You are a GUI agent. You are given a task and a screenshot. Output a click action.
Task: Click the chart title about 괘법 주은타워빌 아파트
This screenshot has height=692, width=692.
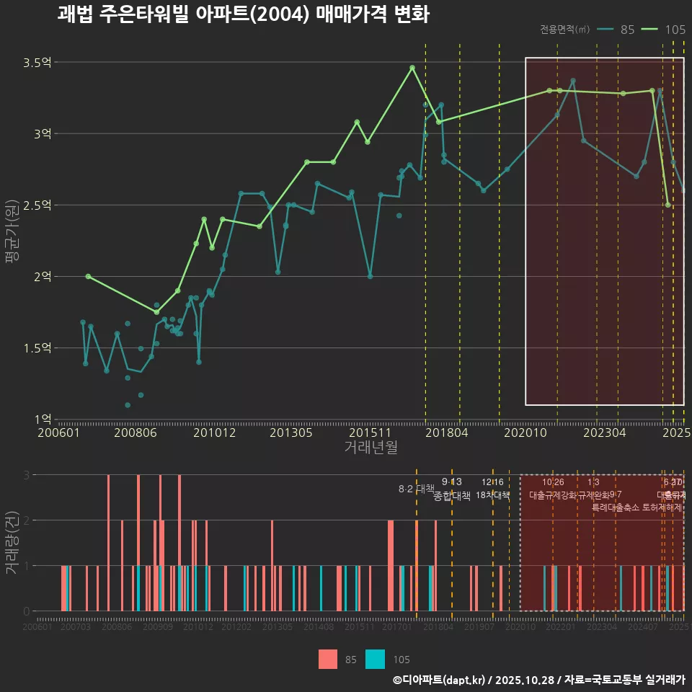243,14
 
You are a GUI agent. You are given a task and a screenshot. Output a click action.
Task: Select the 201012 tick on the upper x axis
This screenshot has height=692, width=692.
215,433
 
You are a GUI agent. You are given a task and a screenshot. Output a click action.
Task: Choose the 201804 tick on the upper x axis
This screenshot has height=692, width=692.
447,433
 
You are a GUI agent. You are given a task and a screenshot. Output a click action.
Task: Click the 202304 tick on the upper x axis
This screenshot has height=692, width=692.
603,433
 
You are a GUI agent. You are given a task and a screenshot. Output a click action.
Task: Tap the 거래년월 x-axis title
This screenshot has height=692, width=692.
371,447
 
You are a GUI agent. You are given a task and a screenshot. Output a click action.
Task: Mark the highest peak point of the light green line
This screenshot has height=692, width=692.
412,68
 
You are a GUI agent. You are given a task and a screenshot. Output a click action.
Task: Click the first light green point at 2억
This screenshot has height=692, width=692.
88,276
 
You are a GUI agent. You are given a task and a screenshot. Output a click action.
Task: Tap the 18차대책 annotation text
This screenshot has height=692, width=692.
493,495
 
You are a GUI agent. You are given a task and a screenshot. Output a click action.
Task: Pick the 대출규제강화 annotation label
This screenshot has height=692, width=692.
553,495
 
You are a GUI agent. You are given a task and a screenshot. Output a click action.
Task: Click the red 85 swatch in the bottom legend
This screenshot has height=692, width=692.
328,659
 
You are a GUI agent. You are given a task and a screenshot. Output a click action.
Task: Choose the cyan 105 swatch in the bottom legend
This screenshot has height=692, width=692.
376,659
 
